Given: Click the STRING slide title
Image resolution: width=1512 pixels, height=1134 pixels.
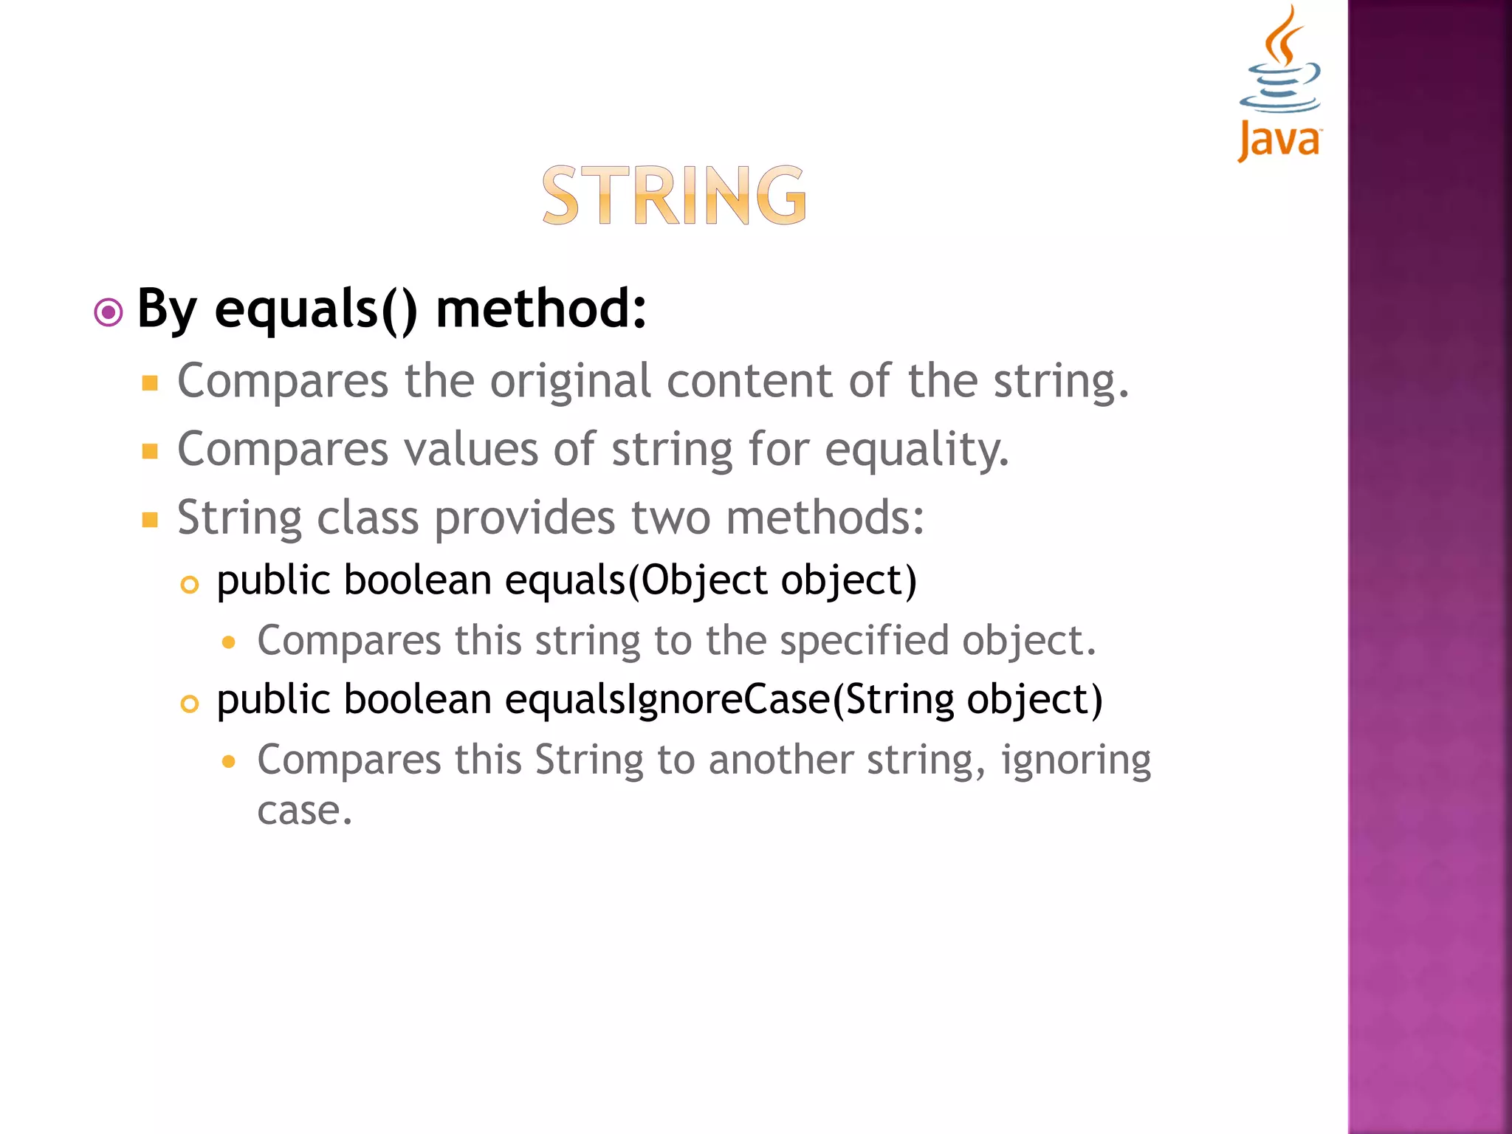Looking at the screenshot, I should [x=674, y=195].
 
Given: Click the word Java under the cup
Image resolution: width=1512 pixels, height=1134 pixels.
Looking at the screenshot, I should [x=1279, y=140].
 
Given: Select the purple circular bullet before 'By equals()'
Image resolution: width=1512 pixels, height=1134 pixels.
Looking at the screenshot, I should [x=109, y=312].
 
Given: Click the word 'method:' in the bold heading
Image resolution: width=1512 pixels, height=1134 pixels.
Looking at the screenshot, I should [x=541, y=309].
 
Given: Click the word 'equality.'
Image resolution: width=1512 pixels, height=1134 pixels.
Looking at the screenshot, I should [x=916, y=450].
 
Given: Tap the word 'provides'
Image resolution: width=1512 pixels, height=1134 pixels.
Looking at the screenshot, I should [x=524, y=518].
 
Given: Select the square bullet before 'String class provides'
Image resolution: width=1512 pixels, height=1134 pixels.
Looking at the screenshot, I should [x=151, y=520].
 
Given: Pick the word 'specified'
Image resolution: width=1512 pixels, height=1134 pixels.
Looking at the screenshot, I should [x=864, y=640].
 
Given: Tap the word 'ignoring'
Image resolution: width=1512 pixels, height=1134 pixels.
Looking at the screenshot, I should [x=1076, y=760].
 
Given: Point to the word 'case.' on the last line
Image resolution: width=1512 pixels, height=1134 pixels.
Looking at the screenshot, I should [x=305, y=811].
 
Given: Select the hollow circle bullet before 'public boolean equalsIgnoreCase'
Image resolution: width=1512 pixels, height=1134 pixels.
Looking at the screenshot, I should [x=190, y=704].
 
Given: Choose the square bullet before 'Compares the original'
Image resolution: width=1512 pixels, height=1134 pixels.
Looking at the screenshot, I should [x=151, y=382].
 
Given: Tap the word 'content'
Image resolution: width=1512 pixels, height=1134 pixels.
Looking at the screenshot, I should [x=750, y=382].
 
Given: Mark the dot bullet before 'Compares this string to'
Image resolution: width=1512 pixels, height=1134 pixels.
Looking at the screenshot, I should [x=229, y=642].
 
